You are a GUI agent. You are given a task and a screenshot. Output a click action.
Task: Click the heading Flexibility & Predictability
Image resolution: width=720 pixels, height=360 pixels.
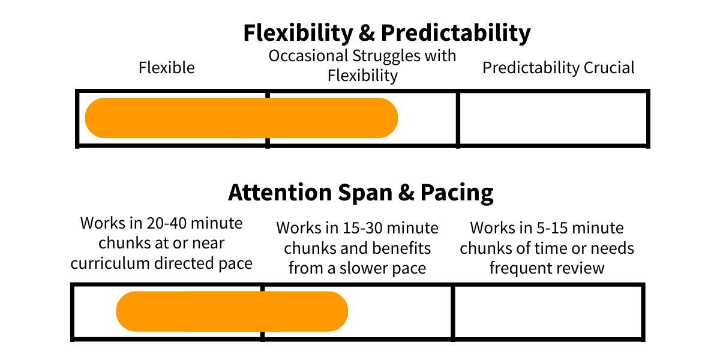(387, 34)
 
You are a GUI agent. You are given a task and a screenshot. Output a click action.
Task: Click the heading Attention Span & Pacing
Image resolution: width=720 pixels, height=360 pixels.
(361, 193)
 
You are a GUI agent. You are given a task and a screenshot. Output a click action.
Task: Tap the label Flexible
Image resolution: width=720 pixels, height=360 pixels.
(167, 68)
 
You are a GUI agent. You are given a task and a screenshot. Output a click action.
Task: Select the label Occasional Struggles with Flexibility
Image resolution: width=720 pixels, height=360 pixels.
(362, 65)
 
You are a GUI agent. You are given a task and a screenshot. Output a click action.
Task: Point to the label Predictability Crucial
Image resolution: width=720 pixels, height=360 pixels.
(559, 68)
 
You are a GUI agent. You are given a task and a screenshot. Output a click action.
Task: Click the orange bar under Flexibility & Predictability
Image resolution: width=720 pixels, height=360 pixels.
(241, 118)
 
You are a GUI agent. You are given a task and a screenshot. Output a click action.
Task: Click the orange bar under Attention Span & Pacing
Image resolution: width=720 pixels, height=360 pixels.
(232, 311)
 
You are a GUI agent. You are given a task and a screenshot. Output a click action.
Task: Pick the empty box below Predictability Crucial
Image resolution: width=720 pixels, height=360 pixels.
(553, 119)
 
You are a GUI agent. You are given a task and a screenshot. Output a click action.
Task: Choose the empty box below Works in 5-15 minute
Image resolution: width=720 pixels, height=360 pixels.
(548, 312)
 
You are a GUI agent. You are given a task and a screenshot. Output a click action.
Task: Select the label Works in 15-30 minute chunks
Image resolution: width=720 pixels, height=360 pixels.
(357, 248)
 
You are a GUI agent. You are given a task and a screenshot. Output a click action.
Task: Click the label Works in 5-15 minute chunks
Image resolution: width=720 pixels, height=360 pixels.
(547, 248)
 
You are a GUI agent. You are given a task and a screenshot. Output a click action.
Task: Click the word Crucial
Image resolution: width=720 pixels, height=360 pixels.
(609, 68)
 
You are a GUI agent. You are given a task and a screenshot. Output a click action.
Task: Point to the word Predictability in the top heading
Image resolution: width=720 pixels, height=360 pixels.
(456, 34)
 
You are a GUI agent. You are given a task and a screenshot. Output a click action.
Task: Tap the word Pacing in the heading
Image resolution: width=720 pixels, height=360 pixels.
(457, 193)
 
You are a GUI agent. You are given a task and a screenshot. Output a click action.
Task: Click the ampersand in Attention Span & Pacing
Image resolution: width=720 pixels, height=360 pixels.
(406, 193)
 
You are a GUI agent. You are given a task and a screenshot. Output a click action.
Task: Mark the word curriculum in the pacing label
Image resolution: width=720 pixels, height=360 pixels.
(110, 263)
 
